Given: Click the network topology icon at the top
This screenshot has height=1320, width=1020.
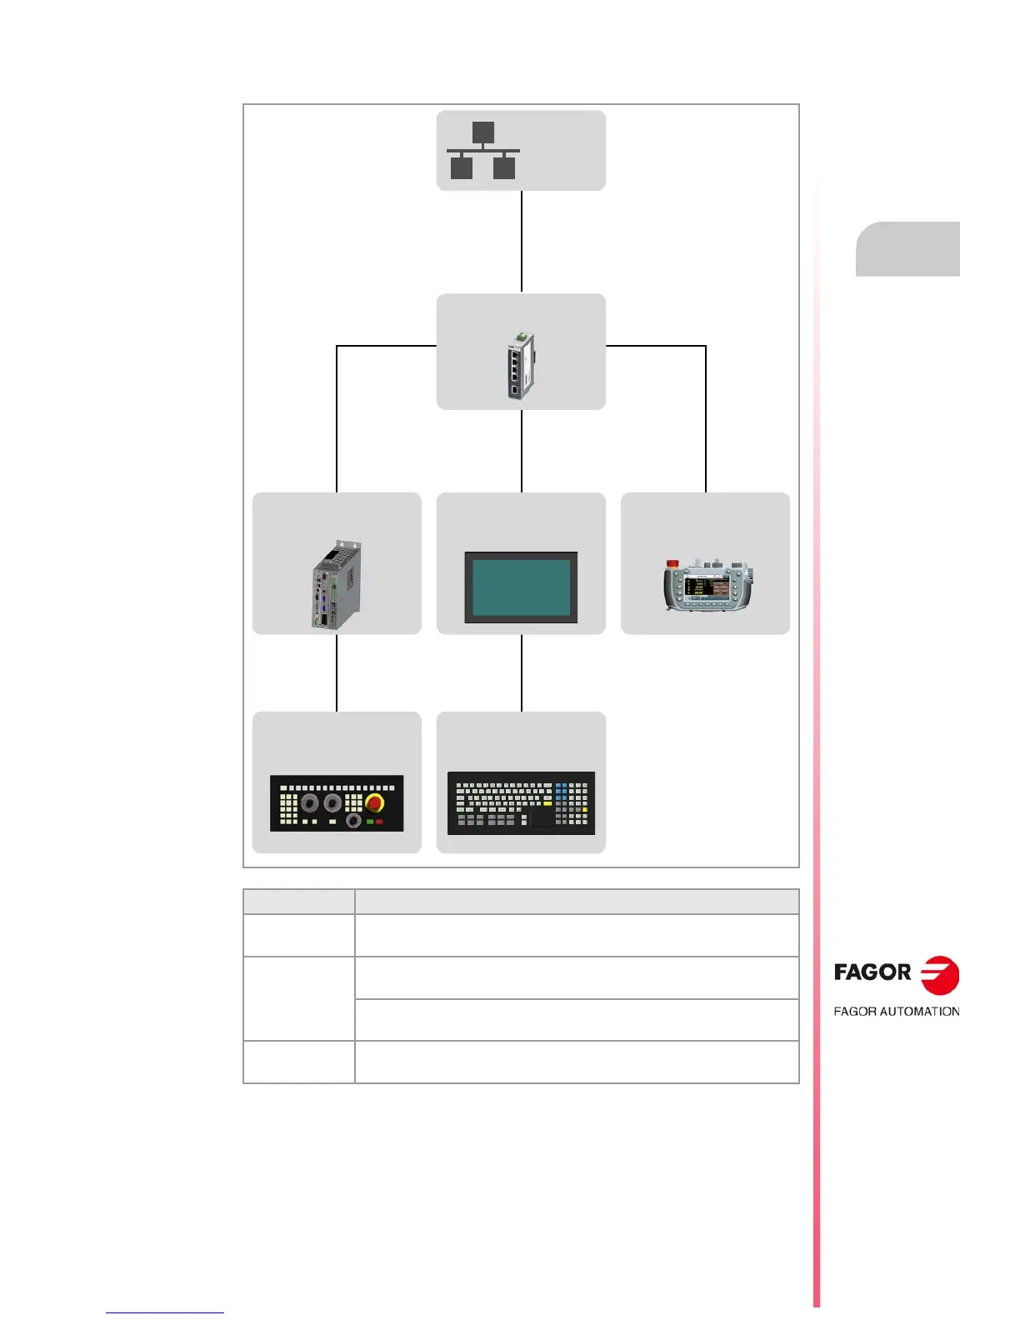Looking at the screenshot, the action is [x=483, y=151].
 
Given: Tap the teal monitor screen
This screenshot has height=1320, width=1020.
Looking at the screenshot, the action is [x=521, y=586].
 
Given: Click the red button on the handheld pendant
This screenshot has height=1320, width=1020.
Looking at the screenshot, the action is [x=672, y=565].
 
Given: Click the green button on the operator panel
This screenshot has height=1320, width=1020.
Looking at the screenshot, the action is [x=369, y=822].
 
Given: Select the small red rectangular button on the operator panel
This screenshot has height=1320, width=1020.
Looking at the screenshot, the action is [x=380, y=822].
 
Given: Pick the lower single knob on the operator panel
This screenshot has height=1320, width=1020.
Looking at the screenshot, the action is [x=353, y=821].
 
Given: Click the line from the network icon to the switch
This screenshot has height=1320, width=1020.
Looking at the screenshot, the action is [x=522, y=242].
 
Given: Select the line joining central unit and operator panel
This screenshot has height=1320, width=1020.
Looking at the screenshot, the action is [x=337, y=672].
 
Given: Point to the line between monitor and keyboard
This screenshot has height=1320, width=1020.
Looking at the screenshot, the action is [x=522, y=672].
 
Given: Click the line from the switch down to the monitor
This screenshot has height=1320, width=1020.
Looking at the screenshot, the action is [x=522, y=450].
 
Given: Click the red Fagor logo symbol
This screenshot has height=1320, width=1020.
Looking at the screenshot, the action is [x=939, y=975].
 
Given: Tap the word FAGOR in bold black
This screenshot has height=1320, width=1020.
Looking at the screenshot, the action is [x=872, y=972].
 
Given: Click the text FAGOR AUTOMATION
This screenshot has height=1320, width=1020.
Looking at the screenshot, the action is [x=897, y=1012].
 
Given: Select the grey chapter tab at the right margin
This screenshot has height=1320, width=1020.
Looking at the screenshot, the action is [x=907, y=248].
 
